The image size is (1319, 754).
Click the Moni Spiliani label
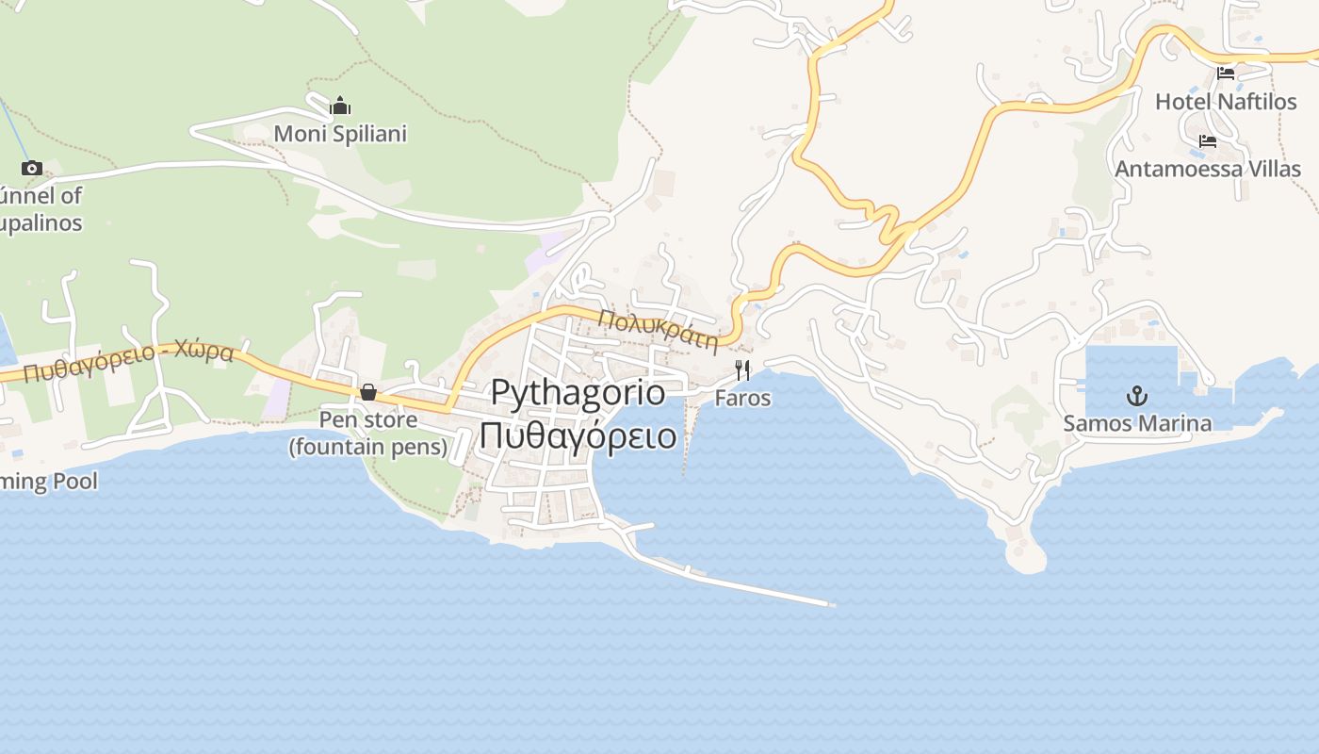pyautogui.click(x=340, y=134)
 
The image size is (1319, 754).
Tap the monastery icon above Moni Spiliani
pyautogui.click(x=340, y=106)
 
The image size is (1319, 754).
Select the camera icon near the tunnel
pyautogui.click(x=32, y=169)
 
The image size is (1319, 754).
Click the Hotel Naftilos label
pyautogui.click(x=1226, y=102)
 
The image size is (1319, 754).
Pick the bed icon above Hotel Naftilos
pyautogui.click(x=1226, y=74)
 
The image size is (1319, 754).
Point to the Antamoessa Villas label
pyautogui.click(x=1208, y=170)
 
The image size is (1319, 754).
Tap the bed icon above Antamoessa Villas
pyautogui.click(x=1208, y=142)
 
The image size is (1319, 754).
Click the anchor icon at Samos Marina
pyautogui.click(x=1137, y=395)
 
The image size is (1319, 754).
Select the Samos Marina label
pyautogui.click(x=1137, y=423)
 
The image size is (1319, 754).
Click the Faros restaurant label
pyautogui.click(x=742, y=398)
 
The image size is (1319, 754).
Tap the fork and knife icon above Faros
pyautogui.click(x=742, y=369)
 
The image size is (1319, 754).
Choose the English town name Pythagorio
pyautogui.click(x=578, y=393)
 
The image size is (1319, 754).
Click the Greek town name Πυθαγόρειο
pyautogui.click(x=578, y=436)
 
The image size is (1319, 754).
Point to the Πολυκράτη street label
pyautogui.click(x=659, y=329)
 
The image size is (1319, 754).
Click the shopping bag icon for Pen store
pyautogui.click(x=368, y=392)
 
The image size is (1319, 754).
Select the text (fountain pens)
pyautogui.click(x=368, y=447)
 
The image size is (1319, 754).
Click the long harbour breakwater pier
pyautogui.click(x=744, y=585)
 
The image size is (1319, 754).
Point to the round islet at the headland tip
pyautogui.click(x=1025, y=556)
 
